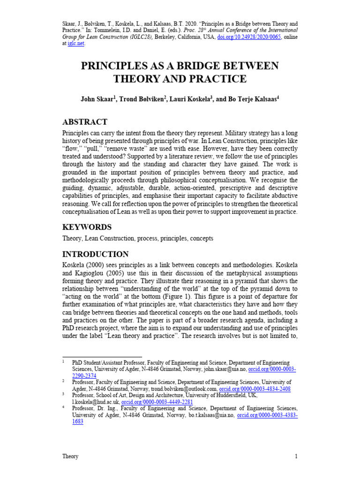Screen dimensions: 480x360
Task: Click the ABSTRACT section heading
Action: [85, 122]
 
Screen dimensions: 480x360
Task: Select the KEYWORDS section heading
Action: [87, 227]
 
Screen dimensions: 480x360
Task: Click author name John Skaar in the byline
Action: [97, 99]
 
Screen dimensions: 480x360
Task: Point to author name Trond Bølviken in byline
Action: [142, 99]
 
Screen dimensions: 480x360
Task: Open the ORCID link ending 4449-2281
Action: [157, 402]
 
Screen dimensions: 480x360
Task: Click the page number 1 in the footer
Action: [296, 456]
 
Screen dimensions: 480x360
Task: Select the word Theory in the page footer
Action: [70, 456]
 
